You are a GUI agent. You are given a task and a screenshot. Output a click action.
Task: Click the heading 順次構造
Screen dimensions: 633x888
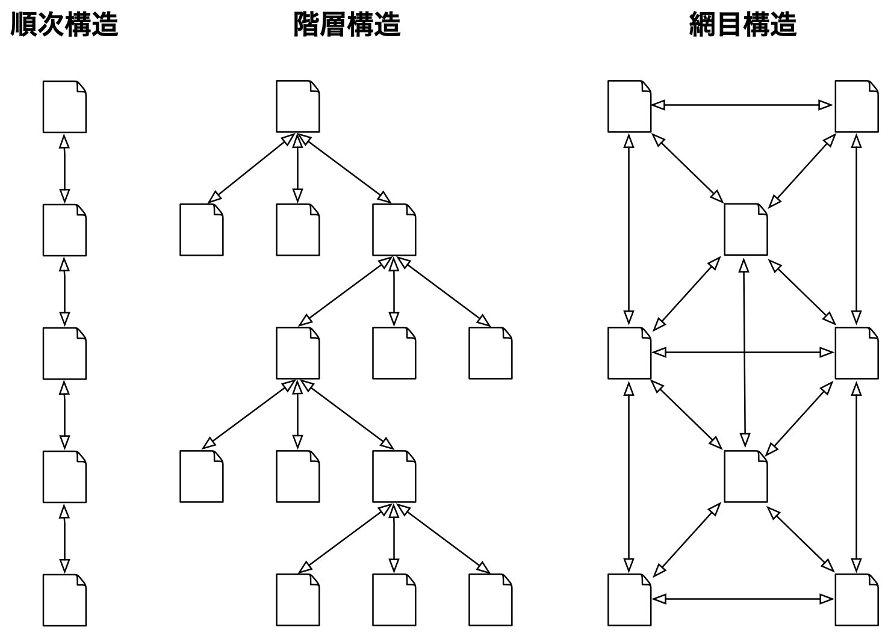coord(64,25)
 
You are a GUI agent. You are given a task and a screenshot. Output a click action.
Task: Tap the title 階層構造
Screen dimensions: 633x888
coord(347,25)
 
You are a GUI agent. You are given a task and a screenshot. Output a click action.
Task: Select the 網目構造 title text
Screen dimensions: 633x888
coord(742,25)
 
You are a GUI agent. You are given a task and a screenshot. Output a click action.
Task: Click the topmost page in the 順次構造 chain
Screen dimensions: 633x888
coord(64,107)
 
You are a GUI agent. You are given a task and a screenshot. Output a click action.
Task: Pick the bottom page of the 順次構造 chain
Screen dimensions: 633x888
coord(64,600)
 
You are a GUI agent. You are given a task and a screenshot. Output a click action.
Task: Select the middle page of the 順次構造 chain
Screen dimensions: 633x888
coord(64,353)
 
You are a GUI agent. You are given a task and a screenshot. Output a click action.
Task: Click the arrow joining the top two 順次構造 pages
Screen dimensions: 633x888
coord(64,168)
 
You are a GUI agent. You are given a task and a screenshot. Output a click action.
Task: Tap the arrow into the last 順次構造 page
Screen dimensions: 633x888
coord(64,539)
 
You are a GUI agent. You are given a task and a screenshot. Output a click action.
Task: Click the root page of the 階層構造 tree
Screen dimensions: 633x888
coord(297,107)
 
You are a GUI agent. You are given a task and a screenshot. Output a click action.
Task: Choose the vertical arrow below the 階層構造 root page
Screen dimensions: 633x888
coord(297,168)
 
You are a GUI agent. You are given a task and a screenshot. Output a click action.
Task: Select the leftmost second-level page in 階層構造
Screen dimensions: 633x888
coord(201,230)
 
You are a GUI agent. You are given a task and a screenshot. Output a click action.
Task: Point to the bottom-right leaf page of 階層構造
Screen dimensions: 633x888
coord(490,600)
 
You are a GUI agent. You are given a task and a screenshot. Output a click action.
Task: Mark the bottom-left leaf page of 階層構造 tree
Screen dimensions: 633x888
coord(297,600)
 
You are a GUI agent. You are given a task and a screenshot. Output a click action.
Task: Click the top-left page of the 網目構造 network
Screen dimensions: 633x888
coord(629,107)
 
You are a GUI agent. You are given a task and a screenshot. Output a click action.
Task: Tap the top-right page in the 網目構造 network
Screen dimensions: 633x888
coord(856,107)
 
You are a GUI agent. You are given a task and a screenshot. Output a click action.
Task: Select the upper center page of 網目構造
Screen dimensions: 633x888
coord(745,229)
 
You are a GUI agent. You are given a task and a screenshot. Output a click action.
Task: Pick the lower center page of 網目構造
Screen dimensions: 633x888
coord(745,476)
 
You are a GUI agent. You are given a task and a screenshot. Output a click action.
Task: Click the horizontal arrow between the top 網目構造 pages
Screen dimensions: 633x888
coord(743,105)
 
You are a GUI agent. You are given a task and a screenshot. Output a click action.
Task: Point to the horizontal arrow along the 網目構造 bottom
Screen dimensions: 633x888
coord(743,599)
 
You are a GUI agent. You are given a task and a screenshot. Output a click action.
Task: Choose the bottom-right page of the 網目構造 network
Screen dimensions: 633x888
coord(856,600)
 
